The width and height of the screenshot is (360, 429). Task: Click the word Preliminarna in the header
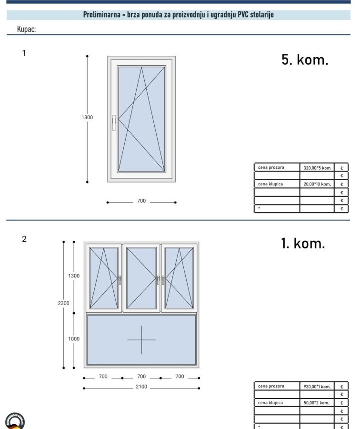coord(102,14)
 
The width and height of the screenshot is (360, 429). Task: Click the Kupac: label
coord(26,29)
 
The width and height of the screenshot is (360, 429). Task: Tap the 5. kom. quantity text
coord(305,60)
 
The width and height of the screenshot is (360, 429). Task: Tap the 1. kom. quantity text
coord(303,243)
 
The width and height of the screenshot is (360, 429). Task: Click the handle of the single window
coord(114,123)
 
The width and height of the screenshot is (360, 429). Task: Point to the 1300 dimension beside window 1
coord(87,117)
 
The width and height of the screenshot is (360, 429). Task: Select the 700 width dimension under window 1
coord(141,201)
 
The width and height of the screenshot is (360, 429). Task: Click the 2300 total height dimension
coord(63,303)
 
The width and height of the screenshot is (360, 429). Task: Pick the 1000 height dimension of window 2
coord(74,338)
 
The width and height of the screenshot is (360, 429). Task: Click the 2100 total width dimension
coord(141,386)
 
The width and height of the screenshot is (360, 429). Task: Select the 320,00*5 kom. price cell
coord(317,168)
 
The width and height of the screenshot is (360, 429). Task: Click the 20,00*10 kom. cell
coord(317,184)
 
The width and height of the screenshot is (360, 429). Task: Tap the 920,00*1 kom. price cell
coord(317,387)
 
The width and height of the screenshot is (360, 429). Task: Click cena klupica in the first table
coord(270,184)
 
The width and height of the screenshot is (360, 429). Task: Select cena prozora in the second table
coord(271,386)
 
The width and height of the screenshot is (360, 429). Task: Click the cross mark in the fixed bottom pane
coord(141,340)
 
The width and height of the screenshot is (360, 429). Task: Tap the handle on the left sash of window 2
coord(120,280)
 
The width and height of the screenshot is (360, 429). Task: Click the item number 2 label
coord(24,239)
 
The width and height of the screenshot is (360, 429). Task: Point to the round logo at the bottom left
coord(15,421)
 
